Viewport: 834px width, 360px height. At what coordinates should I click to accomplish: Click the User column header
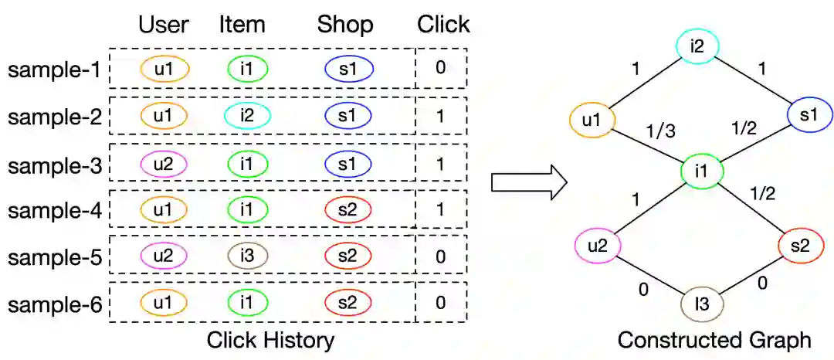click(x=164, y=24)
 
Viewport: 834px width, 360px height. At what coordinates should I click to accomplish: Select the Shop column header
click(x=344, y=24)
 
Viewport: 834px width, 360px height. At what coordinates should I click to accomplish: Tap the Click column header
click(x=443, y=24)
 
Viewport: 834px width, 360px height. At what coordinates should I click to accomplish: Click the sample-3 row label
click(x=54, y=164)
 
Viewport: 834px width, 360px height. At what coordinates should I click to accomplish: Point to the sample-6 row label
click(x=54, y=303)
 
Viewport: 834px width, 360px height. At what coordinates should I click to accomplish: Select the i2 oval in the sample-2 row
click(x=247, y=116)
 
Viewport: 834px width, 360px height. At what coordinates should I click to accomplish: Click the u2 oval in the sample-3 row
click(x=164, y=164)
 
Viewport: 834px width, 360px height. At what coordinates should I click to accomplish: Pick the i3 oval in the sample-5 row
click(x=247, y=256)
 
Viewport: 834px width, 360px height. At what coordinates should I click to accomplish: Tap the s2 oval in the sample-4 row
click(x=348, y=209)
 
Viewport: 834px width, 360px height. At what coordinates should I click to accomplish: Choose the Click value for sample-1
click(x=440, y=68)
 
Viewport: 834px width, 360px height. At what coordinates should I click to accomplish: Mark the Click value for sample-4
click(x=440, y=209)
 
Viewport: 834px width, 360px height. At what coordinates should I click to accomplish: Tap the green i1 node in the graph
click(x=701, y=172)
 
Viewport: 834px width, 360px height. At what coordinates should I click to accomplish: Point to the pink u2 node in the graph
click(x=598, y=246)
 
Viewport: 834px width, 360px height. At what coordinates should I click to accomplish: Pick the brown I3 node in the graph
click(x=702, y=305)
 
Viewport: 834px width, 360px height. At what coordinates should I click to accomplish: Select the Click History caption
click(x=270, y=340)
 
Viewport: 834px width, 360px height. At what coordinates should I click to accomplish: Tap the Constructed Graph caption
click(x=714, y=340)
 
